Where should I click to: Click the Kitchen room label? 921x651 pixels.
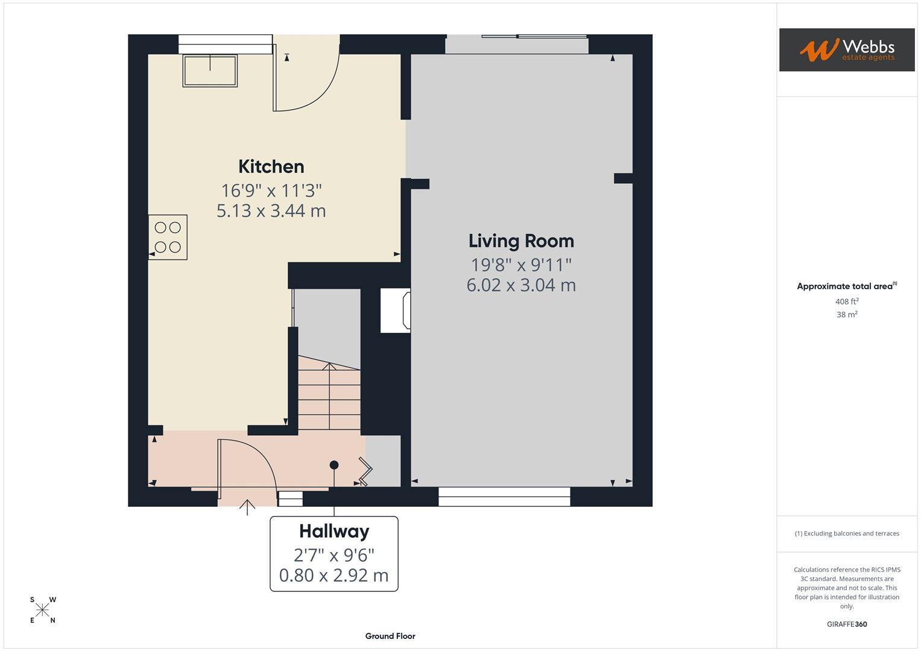point(271,166)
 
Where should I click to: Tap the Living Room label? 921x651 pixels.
point(521,241)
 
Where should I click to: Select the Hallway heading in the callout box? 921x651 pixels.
point(334,532)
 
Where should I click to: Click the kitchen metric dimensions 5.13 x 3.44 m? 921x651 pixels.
point(271,211)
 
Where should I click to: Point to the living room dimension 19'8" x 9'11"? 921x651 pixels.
point(521,265)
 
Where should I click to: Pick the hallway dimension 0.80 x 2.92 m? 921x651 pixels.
point(334,576)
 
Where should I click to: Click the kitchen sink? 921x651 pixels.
point(210,71)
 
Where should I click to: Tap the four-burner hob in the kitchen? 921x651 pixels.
point(168,237)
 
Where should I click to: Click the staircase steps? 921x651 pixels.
point(329,393)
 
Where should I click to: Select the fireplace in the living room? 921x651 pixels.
point(396,310)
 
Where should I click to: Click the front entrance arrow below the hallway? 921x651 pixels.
point(247,507)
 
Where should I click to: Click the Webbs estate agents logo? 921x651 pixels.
point(847,49)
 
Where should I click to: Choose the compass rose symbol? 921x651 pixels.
point(42,610)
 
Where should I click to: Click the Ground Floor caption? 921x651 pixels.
point(390,636)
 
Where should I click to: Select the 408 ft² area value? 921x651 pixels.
point(847,301)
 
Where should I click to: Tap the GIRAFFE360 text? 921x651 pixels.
point(847,624)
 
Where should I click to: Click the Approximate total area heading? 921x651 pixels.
point(847,286)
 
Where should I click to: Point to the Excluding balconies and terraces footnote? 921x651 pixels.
point(847,533)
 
